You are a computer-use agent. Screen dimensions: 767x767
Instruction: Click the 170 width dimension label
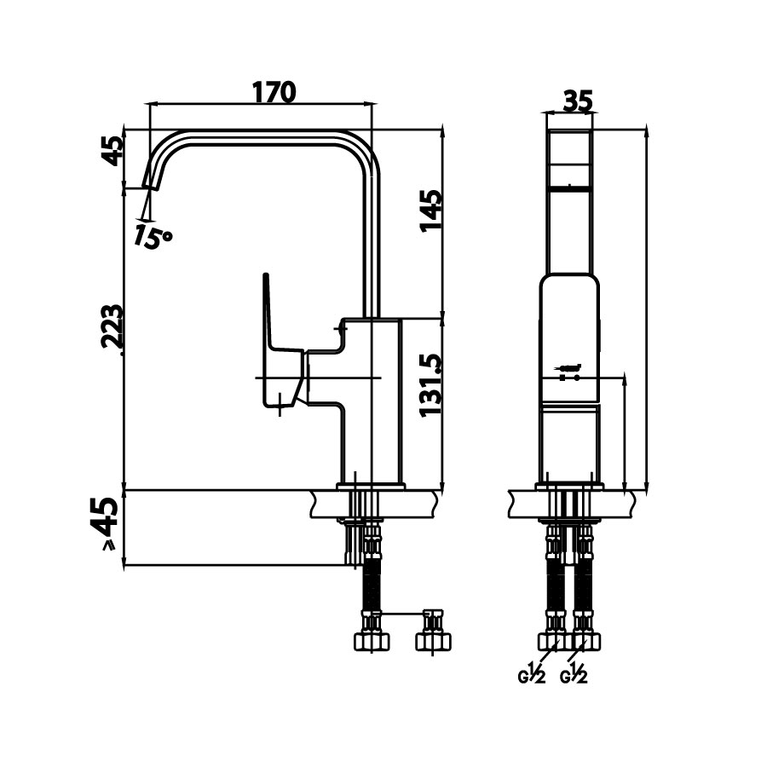(274, 91)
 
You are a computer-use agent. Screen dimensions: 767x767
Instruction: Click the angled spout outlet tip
(153, 177)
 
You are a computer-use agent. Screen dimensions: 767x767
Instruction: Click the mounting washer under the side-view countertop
(358, 519)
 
